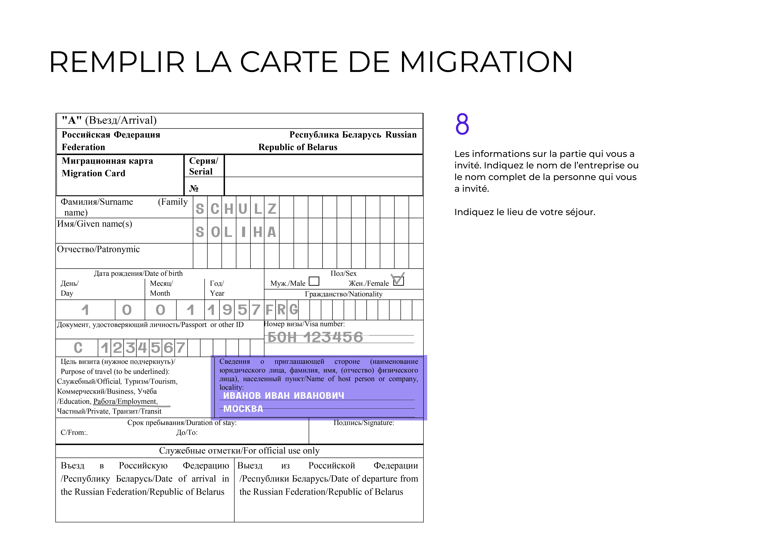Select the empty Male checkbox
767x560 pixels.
pyautogui.click(x=314, y=281)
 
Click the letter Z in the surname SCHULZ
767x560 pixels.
pyautogui.click(x=272, y=209)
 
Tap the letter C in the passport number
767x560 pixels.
pyautogui.click(x=78, y=348)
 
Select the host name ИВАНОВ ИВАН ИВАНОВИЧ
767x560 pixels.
pyautogui.click(x=283, y=396)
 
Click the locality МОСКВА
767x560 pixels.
pyautogui.click(x=243, y=409)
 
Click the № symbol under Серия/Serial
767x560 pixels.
pyautogui.click(x=194, y=189)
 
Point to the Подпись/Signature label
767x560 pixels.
pyautogui.click(x=364, y=423)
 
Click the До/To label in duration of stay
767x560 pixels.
pyautogui.click(x=187, y=433)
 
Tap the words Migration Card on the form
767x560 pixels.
pyautogui.click(x=94, y=173)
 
